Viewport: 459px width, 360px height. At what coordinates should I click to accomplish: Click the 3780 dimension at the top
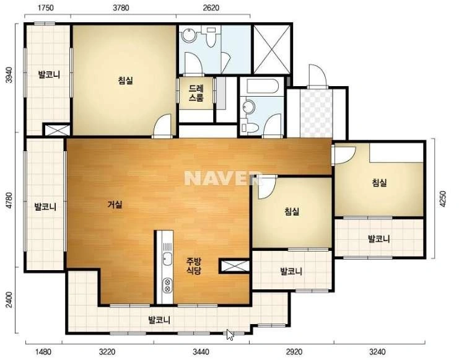pyautogui.click(x=121, y=8)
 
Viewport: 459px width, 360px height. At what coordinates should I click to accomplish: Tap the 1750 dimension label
pyautogui.click(x=46, y=8)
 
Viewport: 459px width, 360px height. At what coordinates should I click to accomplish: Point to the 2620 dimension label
pyautogui.click(x=211, y=8)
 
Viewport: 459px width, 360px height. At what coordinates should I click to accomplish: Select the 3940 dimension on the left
pyautogui.click(x=9, y=75)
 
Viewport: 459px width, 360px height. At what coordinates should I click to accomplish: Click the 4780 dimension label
pyautogui.click(x=9, y=200)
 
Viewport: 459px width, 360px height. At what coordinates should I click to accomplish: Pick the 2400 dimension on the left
pyautogui.click(x=9, y=300)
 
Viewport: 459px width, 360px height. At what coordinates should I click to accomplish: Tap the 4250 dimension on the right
pyautogui.click(x=443, y=199)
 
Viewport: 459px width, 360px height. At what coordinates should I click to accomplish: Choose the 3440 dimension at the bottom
pyautogui.click(x=201, y=351)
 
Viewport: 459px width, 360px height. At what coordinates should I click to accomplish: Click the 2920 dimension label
pyautogui.click(x=294, y=351)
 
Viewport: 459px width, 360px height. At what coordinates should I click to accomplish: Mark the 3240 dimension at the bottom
pyautogui.click(x=377, y=351)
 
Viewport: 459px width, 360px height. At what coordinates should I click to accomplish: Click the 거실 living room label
pyautogui.click(x=115, y=204)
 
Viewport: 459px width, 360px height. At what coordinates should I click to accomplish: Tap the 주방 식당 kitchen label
pyautogui.click(x=194, y=266)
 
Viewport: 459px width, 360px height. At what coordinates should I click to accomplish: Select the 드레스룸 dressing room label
pyautogui.click(x=196, y=93)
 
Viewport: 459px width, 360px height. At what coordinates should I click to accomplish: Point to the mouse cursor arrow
pyautogui.click(x=230, y=335)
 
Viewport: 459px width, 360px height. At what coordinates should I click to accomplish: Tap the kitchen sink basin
pyautogui.click(x=167, y=258)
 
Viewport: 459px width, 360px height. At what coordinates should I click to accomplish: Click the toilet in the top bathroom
pyautogui.click(x=211, y=37)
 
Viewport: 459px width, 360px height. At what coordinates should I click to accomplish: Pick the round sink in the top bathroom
pyautogui.click(x=188, y=36)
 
